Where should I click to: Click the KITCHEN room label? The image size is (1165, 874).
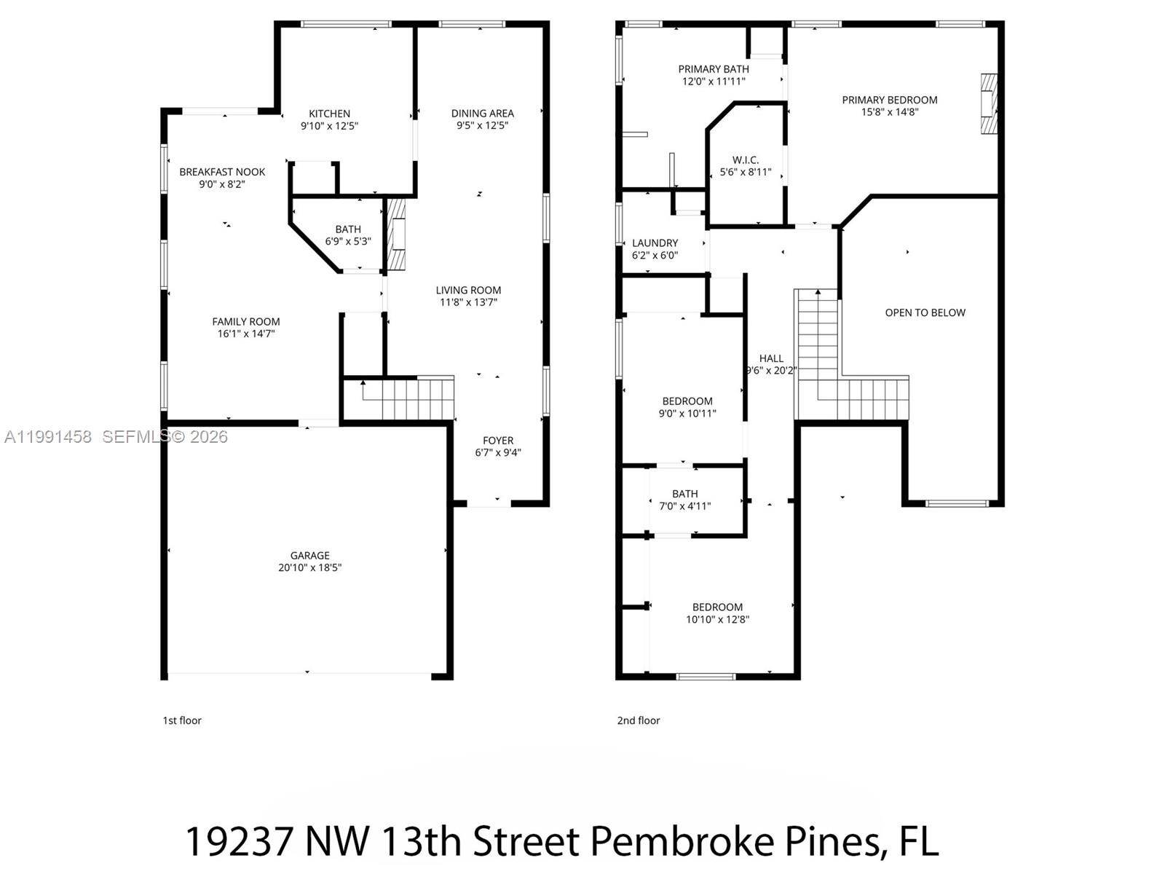329,114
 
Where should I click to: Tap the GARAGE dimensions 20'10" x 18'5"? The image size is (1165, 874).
309,567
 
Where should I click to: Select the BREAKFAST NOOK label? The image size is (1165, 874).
222,172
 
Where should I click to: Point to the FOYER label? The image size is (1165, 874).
498,441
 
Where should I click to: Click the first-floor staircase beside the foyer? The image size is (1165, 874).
408,398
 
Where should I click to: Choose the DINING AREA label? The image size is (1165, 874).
482,114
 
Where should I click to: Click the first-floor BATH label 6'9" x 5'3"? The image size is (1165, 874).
348,229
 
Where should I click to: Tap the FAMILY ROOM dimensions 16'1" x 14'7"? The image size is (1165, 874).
246,334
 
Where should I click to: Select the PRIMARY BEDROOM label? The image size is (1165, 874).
889,100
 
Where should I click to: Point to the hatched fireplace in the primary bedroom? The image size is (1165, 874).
987,103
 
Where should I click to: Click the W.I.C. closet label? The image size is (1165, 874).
746,160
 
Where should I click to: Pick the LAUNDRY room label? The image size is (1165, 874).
655,243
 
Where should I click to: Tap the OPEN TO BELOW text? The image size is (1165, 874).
925,312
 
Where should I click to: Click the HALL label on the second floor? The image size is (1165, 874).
771,358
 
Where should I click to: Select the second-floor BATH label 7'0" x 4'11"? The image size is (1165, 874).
684,494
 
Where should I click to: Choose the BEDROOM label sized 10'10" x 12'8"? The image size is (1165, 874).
717,607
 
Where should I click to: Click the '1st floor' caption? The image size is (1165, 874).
181,720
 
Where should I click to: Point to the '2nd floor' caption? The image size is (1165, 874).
638,720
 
